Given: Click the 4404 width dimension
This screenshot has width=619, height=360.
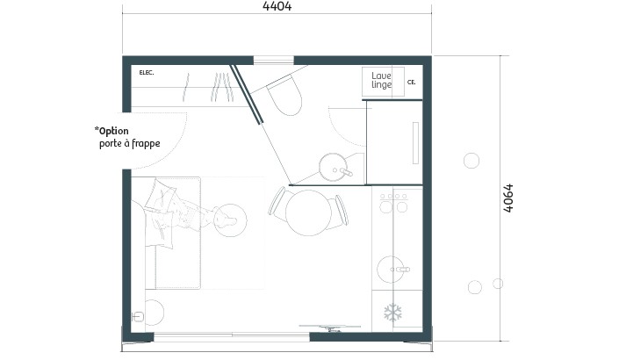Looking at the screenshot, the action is [x=277, y=6].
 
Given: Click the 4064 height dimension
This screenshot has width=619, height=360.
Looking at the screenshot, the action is [x=508, y=198].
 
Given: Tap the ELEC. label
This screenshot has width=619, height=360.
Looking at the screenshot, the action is [x=147, y=73].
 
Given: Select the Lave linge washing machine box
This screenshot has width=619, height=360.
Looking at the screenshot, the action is [x=383, y=82].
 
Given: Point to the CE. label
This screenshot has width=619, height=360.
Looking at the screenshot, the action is [x=412, y=83].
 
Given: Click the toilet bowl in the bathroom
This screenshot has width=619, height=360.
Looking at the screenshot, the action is [x=284, y=95].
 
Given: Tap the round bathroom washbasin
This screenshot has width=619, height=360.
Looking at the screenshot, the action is [x=333, y=168].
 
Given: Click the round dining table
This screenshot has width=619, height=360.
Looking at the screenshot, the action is [x=308, y=212].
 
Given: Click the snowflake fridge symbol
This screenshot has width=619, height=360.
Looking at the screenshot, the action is [x=392, y=313].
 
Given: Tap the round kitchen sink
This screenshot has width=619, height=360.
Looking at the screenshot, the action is [x=391, y=270].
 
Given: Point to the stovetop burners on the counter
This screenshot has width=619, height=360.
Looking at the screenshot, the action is [x=393, y=202].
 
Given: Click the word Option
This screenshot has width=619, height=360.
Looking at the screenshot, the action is [x=113, y=131].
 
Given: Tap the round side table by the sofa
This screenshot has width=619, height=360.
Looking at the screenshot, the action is [x=230, y=220].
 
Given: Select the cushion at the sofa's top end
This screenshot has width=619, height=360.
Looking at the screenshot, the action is [x=161, y=195].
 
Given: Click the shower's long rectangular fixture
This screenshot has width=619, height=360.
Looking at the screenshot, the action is [x=415, y=143].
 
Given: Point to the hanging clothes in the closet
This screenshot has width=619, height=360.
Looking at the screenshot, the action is [x=207, y=87].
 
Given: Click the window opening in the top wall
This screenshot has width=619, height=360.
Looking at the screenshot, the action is [x=274, y=60].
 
